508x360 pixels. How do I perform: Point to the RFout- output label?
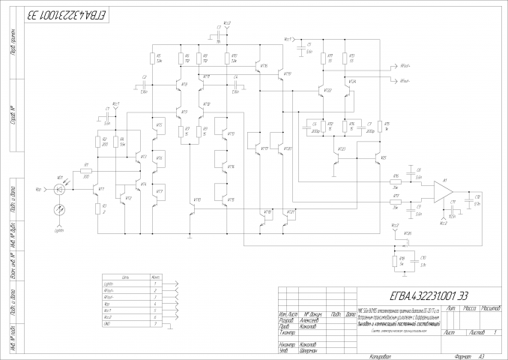405,80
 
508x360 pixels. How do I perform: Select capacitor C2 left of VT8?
145,85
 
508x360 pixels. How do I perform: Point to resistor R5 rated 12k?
155,59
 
